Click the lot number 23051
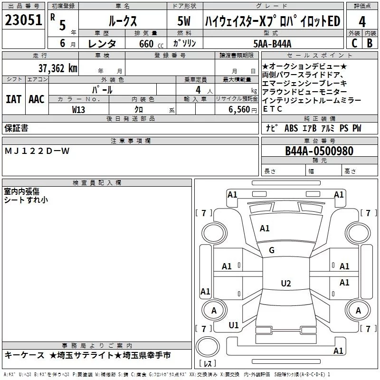(23, 20)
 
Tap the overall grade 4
(362, 22)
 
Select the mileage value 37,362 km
(58, 68)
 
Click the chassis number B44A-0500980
(319, 151)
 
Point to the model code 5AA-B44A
(272, 44)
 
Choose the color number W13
(78, 110)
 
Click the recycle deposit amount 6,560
(239, 110)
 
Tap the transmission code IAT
(14, 99)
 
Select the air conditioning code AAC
(37, 99)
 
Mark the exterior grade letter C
(354, 43)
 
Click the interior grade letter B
(370, 43)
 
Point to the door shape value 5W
(184, 21)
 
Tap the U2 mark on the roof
(286, 283)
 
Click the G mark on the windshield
(272, 250)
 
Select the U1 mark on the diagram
(234, 325)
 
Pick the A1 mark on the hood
(265, 228)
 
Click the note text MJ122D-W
(37, 151)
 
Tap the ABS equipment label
(291, 128)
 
